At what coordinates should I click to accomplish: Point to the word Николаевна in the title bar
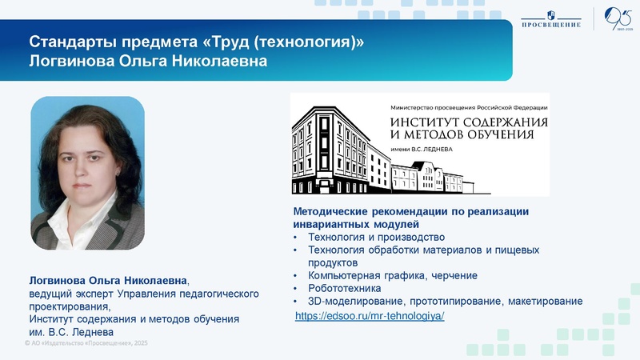218,61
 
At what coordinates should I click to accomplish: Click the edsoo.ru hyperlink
369,316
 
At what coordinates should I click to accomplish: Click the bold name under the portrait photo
109,281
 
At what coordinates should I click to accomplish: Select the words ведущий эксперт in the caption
66,294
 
